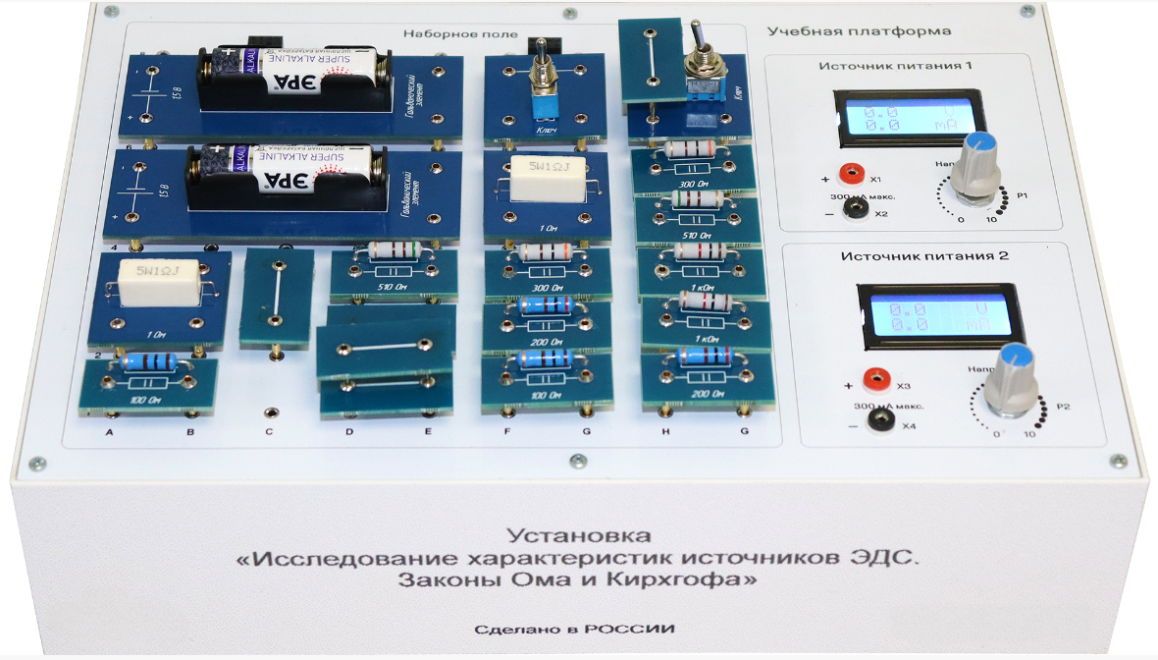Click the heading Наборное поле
(x=443, y=35)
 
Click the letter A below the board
(x=111, y=432)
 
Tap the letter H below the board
(x=665, y=432)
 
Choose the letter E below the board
(x=427, y=432)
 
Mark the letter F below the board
(x=507, y=432)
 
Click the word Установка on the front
(x=579, y=536)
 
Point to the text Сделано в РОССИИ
(x=574, y=630)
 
